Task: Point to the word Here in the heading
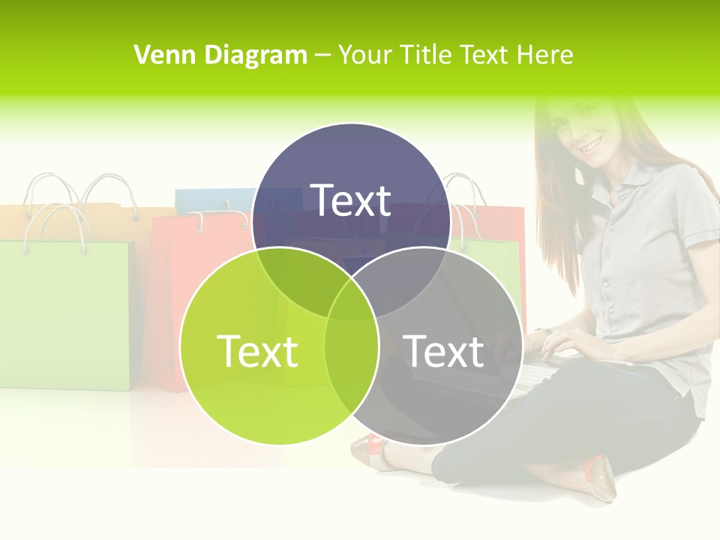pos(547,55)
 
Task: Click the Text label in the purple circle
pos(351,201)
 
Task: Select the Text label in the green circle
pos(257,351)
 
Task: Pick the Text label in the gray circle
pos(444,351)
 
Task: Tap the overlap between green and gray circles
pos(352,352)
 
